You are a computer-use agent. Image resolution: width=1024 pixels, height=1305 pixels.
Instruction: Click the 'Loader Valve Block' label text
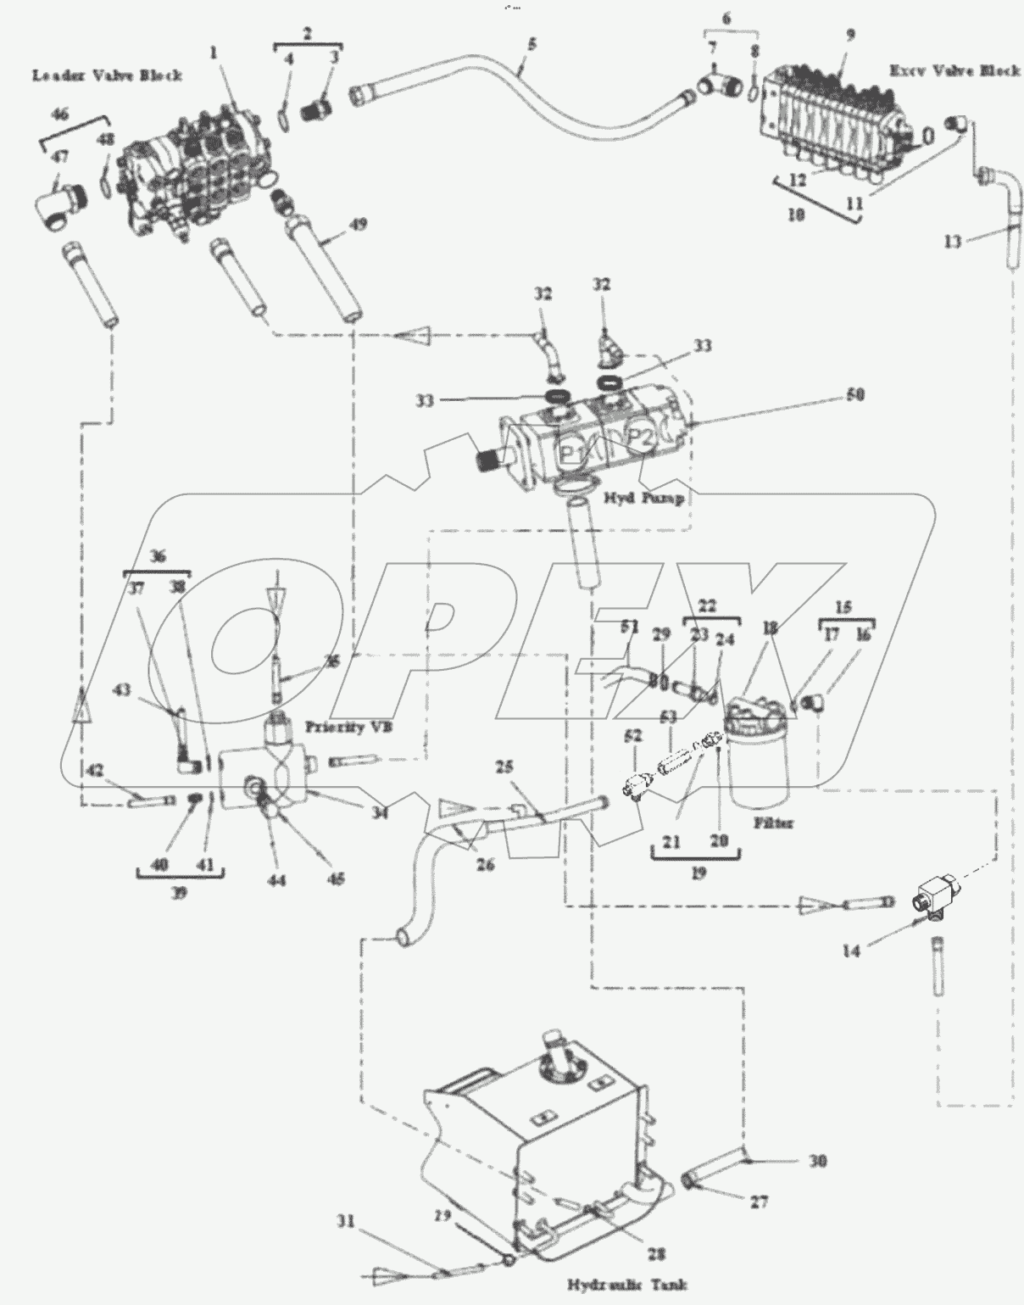point(107,75)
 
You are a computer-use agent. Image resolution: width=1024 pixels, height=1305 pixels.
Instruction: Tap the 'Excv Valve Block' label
point(954,71)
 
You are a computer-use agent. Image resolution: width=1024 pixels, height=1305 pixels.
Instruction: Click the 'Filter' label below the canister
point(772,823)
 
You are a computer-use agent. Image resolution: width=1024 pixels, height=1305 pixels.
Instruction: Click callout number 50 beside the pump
point(855,395)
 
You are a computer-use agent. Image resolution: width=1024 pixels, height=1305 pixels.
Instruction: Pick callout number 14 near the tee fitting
point(850,951)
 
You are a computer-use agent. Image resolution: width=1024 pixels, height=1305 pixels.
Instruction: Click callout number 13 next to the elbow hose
point(953,243)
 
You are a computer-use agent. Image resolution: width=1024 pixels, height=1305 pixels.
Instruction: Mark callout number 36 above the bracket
point(158,556)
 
